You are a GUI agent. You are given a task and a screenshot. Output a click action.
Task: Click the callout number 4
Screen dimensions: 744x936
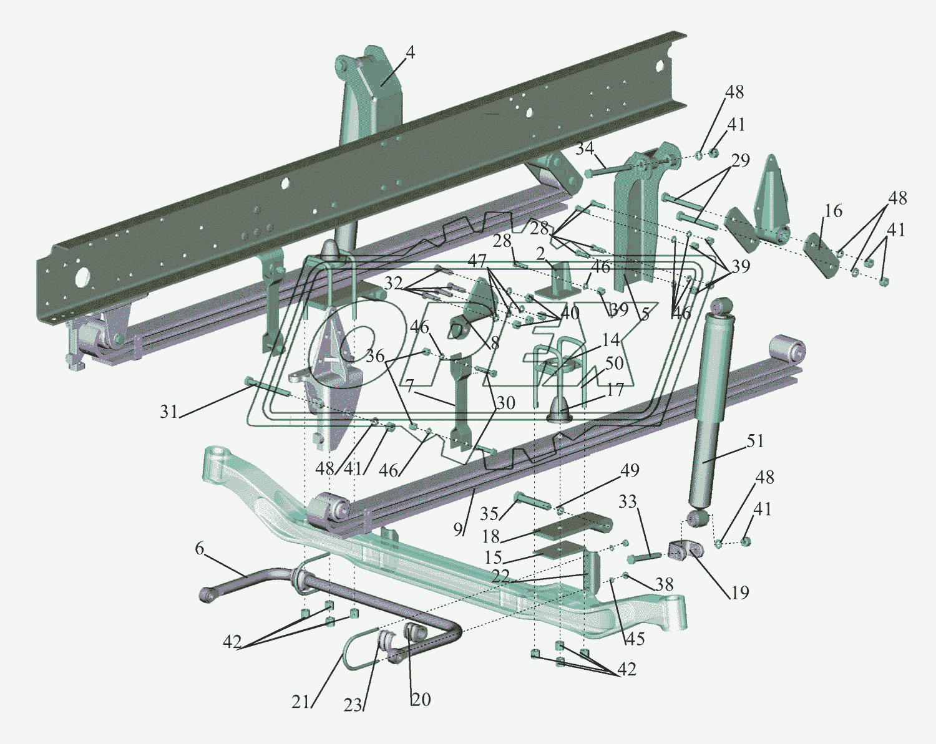coord(409,53)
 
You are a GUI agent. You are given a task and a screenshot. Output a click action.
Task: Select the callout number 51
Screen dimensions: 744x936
coord(755,441)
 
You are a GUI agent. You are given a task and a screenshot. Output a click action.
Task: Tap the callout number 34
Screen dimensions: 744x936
coord(585,149)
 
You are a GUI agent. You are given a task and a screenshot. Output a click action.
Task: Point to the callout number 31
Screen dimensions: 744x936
coord(168,412)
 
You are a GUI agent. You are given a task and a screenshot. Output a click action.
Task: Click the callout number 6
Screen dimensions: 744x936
coord(199,549)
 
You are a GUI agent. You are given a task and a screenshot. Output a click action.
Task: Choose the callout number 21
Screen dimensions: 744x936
coord(301,702)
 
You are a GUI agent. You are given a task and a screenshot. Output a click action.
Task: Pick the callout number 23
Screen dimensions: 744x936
coord(353,705)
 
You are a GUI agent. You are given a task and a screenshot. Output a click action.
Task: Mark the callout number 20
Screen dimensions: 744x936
coord(421,700)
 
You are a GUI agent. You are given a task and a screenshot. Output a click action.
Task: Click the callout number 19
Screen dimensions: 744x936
coord(739,592)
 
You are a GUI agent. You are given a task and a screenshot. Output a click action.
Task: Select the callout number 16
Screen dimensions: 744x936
coord(833,211)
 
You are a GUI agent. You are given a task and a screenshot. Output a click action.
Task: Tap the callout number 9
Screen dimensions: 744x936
coord(458,529)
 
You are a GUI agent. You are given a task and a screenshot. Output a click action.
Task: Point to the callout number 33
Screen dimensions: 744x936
coord(628,501)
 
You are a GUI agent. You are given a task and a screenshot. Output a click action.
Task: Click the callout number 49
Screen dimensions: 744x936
coord(630,470)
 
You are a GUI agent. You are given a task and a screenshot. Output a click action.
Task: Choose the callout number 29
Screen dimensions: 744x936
coord(741,160)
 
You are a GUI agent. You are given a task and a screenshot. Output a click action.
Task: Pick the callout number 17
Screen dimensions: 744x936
coord(615,390)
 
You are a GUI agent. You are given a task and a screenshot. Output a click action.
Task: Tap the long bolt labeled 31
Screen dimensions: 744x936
coord(268,387)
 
